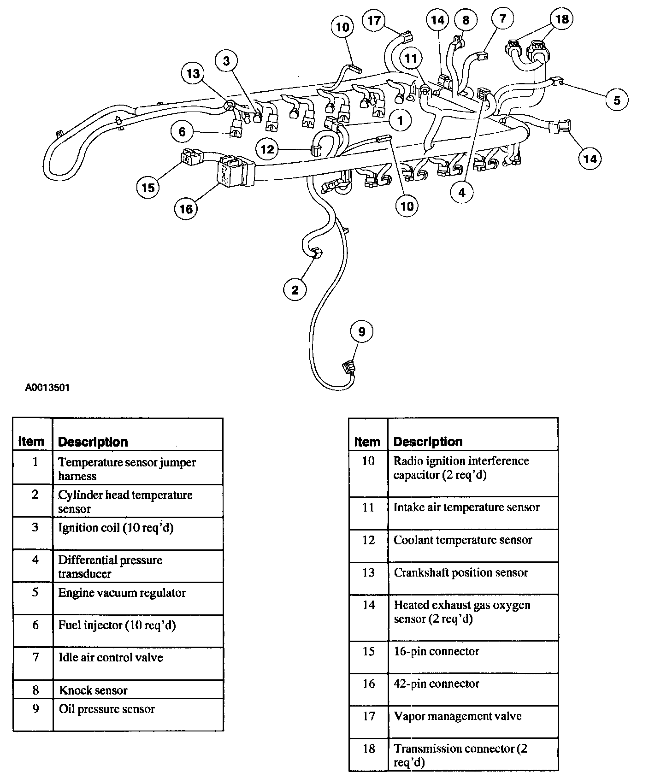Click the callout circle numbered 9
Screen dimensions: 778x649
click(x=361, y=332)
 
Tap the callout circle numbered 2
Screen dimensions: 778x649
click(x=295, y=289)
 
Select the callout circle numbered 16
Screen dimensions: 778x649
click(x=186, y=209)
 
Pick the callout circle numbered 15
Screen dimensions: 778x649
click(x=148, y=188)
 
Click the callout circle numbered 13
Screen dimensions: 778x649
click(x=193, y=74)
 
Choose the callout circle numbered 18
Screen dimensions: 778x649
click(x=562, y=19)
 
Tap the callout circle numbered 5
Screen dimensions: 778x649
click(x=617, y=100)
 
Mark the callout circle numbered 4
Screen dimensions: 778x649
click(x=462, y=192)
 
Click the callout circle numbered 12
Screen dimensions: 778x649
click(x=267, y=149)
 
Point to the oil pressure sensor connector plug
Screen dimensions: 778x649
click(x=348, y=368)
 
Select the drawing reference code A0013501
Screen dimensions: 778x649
click(x=47, y=388)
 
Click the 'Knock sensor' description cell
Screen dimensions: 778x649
click(x=94, y=690)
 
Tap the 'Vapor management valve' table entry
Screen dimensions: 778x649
click(x=457, y=716)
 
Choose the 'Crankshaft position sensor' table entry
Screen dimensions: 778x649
click(x=460, y=573)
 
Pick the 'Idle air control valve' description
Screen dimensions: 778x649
click(x=111, y=657)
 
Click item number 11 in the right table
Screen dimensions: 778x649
click(x=368, y=507)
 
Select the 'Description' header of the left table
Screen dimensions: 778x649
click(x=93, y=442)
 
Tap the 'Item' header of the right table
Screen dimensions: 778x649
click(x=367, y=442)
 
